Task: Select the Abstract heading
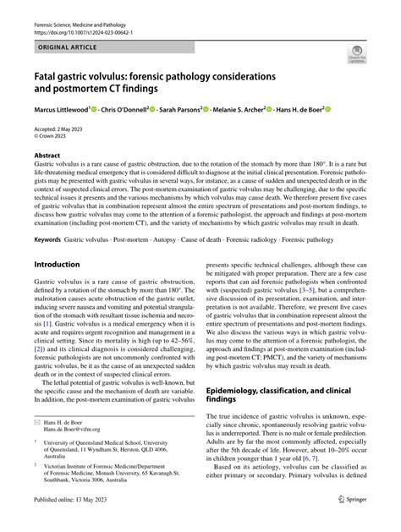coord(47,156)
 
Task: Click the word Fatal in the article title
coord(45,75)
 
